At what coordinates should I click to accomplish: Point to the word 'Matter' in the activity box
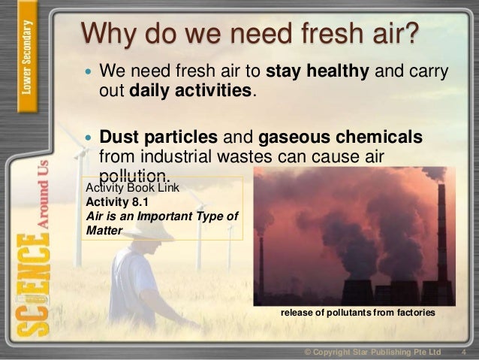coord(103,231)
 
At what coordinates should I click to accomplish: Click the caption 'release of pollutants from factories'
coord(357,311)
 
